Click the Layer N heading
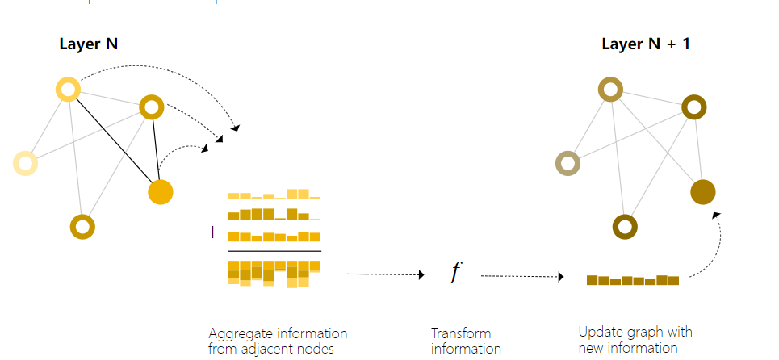click(89, 44)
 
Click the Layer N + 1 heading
click(646, 44)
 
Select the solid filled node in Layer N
click(161, 192)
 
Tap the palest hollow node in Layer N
click(26, 163)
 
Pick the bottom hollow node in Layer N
click(82, 227)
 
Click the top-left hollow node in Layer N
click(68, 89)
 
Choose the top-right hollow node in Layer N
click(152, 107)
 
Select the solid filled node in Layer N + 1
click(703, 192)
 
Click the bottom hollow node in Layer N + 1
click(625, 227)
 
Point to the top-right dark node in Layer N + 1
click(694, 107)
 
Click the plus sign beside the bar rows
click(213, 232)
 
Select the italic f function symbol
click(454, 273)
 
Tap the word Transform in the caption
click(461, 333)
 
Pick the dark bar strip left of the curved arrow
click(633, 280)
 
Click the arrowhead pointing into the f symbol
click(421, 275)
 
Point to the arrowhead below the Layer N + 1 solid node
click(716, 214)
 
